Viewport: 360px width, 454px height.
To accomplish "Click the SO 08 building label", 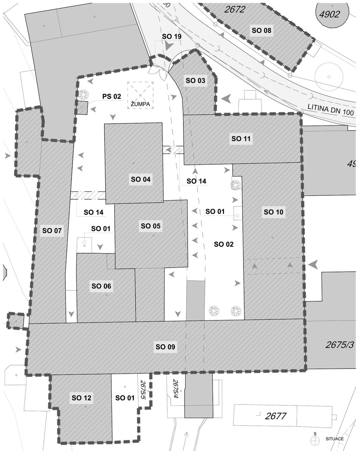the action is [x=262, y=31].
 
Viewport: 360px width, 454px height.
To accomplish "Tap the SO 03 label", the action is [x=195, y=81].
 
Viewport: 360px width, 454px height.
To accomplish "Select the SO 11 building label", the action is [x=241, y=139].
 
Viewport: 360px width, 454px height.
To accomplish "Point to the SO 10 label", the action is [x=273, y=212].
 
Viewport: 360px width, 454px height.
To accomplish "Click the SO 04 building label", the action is [x=140, y=179].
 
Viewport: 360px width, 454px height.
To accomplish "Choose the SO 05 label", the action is [x=151, y=226].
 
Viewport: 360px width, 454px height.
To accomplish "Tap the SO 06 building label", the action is [x=101, y=286].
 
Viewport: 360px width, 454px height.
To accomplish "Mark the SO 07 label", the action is [x=52, y=230].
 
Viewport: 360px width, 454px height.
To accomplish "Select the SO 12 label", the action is [x=81, y=398].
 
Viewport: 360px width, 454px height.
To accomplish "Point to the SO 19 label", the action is [x=171, y=36].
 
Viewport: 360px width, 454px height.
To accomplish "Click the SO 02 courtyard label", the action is [x=224, y=244].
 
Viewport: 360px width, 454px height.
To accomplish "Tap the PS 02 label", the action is [x=112, y=96].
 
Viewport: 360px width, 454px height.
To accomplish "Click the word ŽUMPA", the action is [x=140, y=104].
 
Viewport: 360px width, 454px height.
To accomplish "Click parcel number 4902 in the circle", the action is [x=329, y=14].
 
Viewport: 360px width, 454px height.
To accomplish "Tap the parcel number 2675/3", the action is [x=339, y=345].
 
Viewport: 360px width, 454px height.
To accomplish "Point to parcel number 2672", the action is [x=234, y=9].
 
